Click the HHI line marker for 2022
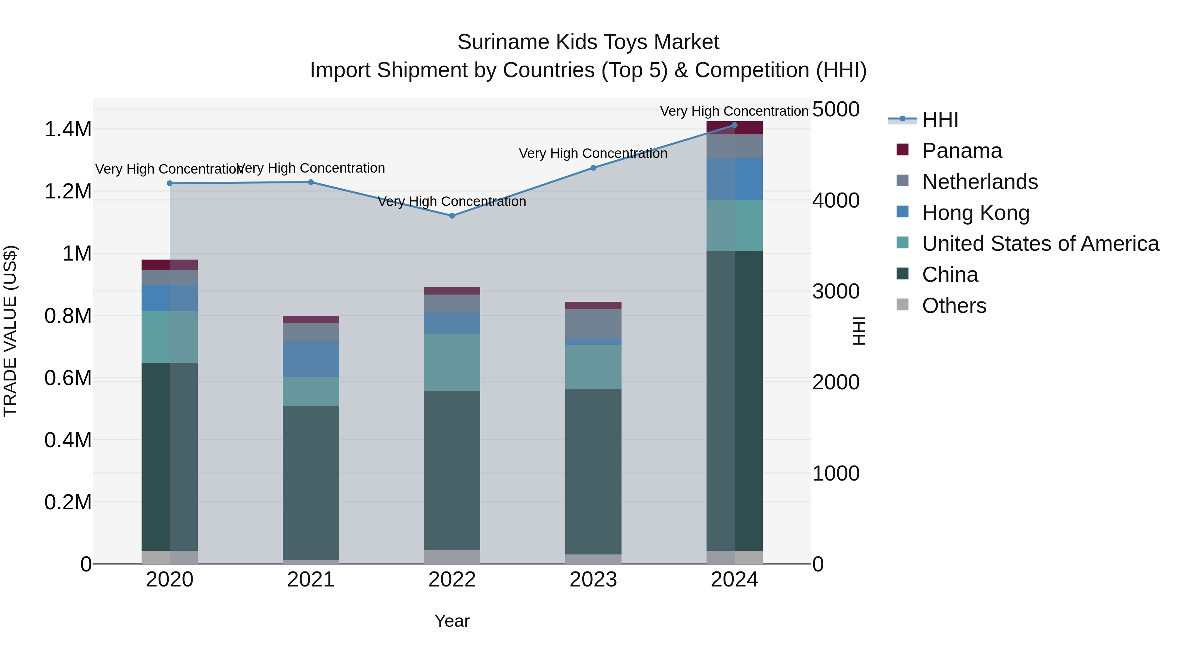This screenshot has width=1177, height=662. point(452,216)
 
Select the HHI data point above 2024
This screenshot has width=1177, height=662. point(734,125)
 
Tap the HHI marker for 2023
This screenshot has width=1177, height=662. point(593,168)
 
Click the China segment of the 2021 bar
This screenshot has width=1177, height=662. point(311,482)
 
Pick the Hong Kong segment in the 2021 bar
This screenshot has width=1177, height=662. point(311,359)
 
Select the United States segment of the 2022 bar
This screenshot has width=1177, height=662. point(452,362)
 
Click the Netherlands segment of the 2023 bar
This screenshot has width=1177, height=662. point(593,323)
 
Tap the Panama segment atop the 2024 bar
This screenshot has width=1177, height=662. point(734,128)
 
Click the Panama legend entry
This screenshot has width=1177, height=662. point(962,151)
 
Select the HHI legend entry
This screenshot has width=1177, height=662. point(940,120)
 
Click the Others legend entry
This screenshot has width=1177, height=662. point(954,306)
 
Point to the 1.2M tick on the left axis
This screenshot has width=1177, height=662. point(68,192)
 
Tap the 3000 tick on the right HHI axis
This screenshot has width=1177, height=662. point(836,292)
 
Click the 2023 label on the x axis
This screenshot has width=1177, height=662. point(593,580)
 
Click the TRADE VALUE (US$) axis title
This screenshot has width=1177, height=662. point(10,331)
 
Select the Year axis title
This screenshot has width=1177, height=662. point(452,621)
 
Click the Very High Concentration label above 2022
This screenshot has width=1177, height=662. point(452,201)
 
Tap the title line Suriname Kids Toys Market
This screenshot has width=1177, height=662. point(588,42)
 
